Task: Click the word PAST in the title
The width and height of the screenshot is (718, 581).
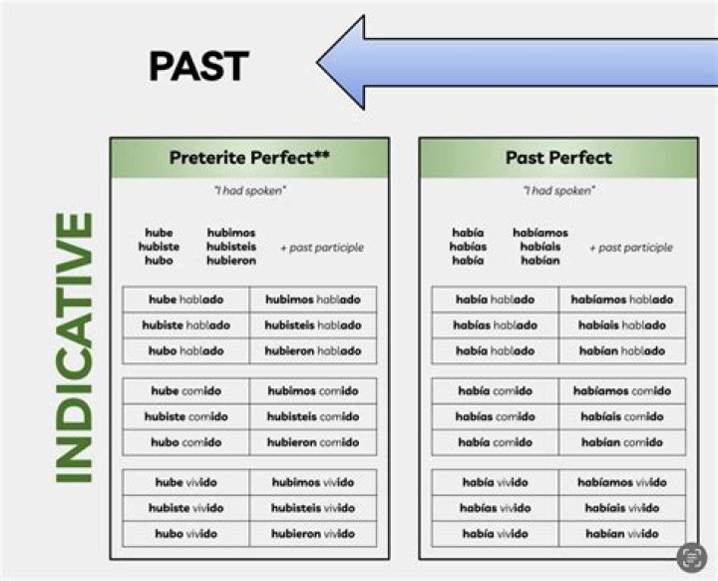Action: (198, 66)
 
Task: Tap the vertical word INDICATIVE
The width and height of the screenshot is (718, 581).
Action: (74, 347)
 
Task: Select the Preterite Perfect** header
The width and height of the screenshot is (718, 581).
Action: (249, 158)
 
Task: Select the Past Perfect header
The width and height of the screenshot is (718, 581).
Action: (557, 158)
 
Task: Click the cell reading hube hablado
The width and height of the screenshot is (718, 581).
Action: (185, 299)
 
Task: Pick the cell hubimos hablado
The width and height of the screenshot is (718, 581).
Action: (313, 299)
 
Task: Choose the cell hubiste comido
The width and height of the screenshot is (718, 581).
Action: (185, 416)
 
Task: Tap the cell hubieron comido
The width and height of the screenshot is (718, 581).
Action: (313, 442)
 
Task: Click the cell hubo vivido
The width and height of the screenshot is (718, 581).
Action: (185, 533)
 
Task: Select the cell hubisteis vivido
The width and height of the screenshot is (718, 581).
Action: (313, 508)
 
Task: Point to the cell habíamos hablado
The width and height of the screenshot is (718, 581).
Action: (623, 299)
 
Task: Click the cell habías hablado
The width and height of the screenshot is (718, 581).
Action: (496, 325)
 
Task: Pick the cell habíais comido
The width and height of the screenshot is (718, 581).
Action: (623, 416)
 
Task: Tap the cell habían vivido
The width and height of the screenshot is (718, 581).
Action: (623, 533)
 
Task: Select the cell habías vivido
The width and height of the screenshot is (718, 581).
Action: (496, 508)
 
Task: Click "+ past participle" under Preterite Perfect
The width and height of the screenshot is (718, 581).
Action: (322, 248)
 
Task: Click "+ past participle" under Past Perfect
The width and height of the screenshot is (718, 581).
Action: (630, 248)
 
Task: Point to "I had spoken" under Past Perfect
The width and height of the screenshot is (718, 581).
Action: (557, 191)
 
